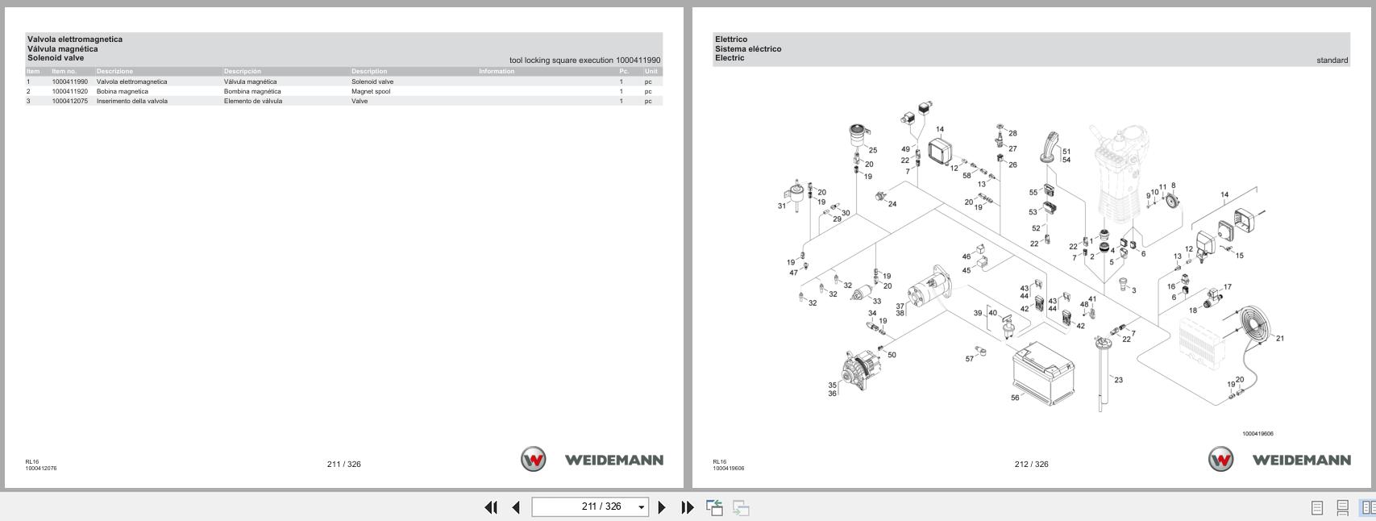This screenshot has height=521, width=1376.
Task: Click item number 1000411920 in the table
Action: (x=69, y=91)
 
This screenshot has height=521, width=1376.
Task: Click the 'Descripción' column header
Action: (x=243, y=71)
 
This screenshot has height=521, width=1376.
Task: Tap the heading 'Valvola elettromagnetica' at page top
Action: (x=75, y=39)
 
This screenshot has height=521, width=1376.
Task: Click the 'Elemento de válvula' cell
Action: (x=253, y=101)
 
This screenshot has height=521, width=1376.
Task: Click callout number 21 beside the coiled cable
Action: (x=1279, y=339)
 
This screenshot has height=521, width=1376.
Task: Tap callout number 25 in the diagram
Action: (x=872, y=150)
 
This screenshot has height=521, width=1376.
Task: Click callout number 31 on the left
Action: (x=781, y=206)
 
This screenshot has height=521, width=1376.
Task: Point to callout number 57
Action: (x=969, y=359)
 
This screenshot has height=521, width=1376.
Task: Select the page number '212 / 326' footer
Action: (x=1031, y=464)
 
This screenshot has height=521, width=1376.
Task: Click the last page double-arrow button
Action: (x=687, y=507)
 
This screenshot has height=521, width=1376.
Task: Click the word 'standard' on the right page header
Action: (x=1332, y=60)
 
